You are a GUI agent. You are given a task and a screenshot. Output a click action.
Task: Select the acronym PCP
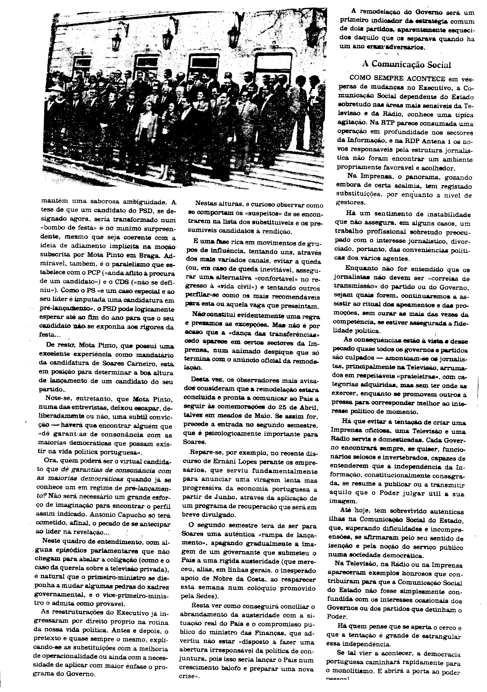click(99, 274)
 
